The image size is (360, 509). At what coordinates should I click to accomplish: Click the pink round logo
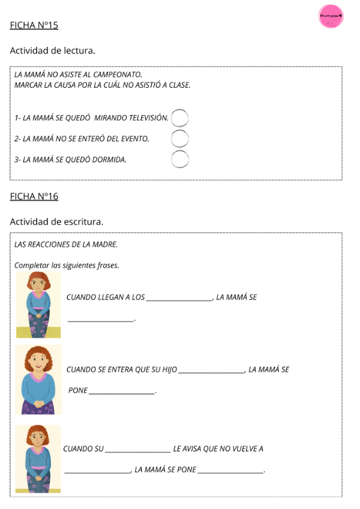point(331,16)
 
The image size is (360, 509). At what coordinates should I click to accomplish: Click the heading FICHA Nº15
point(34,25)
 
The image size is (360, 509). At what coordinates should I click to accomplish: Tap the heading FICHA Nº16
point(34,196)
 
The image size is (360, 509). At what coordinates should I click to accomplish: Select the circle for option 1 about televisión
point(180,118)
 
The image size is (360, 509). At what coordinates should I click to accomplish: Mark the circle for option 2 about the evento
point(180,139)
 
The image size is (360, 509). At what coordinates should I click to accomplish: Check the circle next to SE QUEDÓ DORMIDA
point(180,159)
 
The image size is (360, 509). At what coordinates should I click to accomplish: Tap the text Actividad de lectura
point(52,51)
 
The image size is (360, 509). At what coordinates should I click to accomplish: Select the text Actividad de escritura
point(56,221)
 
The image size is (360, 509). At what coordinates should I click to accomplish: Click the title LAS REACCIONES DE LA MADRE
point(66,244)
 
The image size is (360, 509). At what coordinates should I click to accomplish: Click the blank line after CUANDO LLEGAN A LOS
point(179,299)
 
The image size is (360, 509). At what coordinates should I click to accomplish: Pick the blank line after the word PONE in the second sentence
point(122,393)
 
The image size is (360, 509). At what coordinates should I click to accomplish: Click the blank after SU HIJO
point(211,372)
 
